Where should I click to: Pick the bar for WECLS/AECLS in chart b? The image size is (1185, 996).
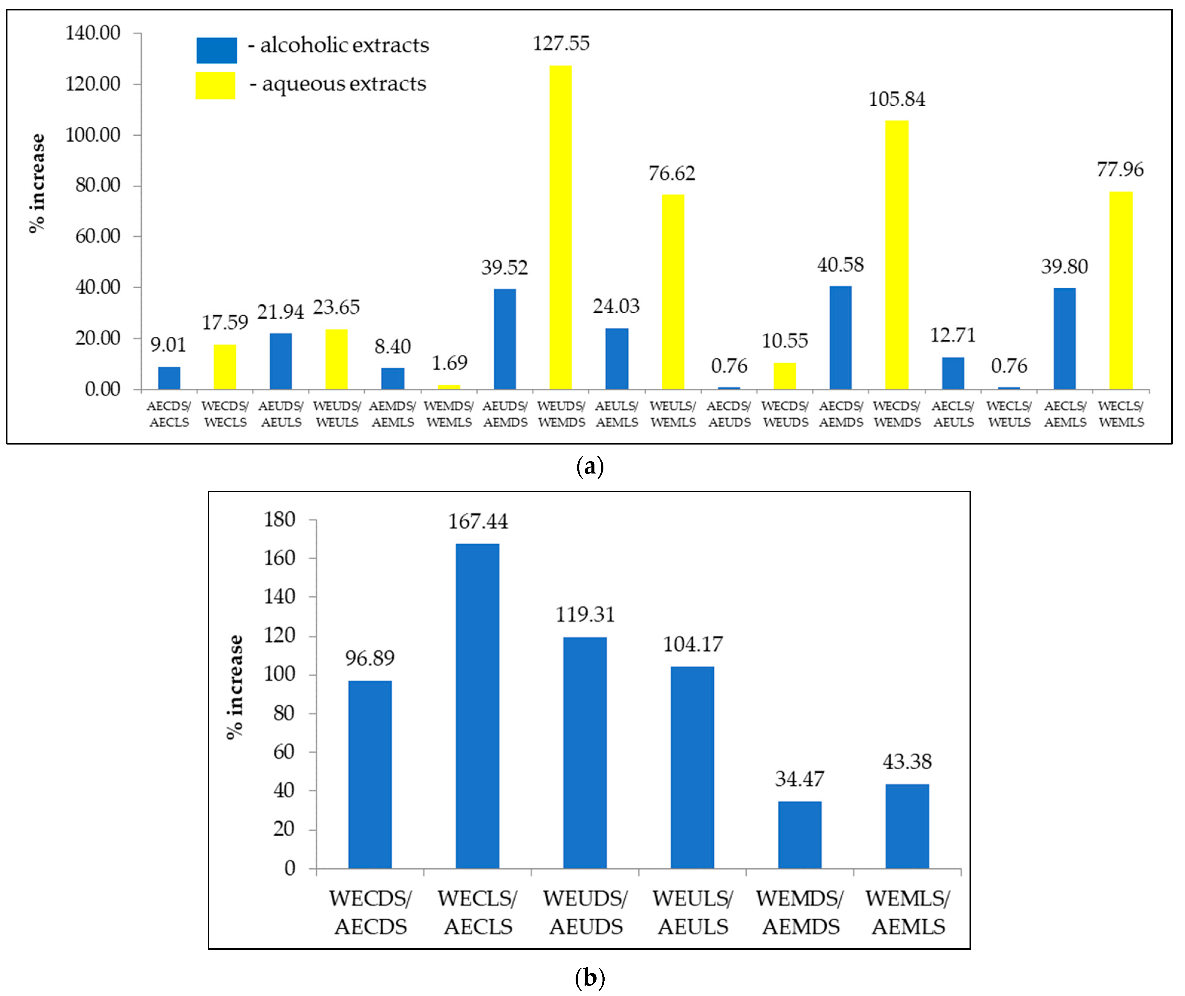click(x=478, y=706)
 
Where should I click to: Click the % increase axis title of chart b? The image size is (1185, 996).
click(x=234, y=687)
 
